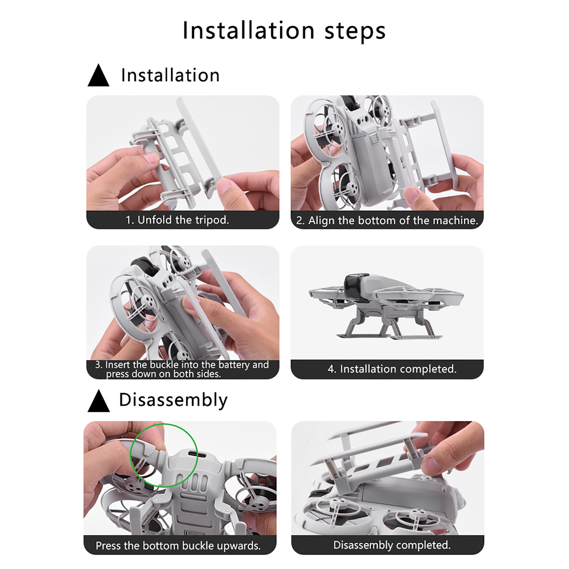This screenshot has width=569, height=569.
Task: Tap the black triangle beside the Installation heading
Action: point(99,75)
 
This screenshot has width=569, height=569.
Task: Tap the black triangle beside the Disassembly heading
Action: point(99,401)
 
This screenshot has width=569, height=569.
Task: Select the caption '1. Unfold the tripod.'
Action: point(177,220)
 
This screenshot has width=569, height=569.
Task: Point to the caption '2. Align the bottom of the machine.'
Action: point(387,220)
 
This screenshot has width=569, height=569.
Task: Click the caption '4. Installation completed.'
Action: point(392,369)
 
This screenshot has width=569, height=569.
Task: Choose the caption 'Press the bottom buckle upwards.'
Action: point(178,546)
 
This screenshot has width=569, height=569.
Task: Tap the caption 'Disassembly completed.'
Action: point(392,545)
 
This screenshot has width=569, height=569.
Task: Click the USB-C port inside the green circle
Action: point(192,454)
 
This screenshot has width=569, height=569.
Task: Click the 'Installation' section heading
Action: point(170,75)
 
